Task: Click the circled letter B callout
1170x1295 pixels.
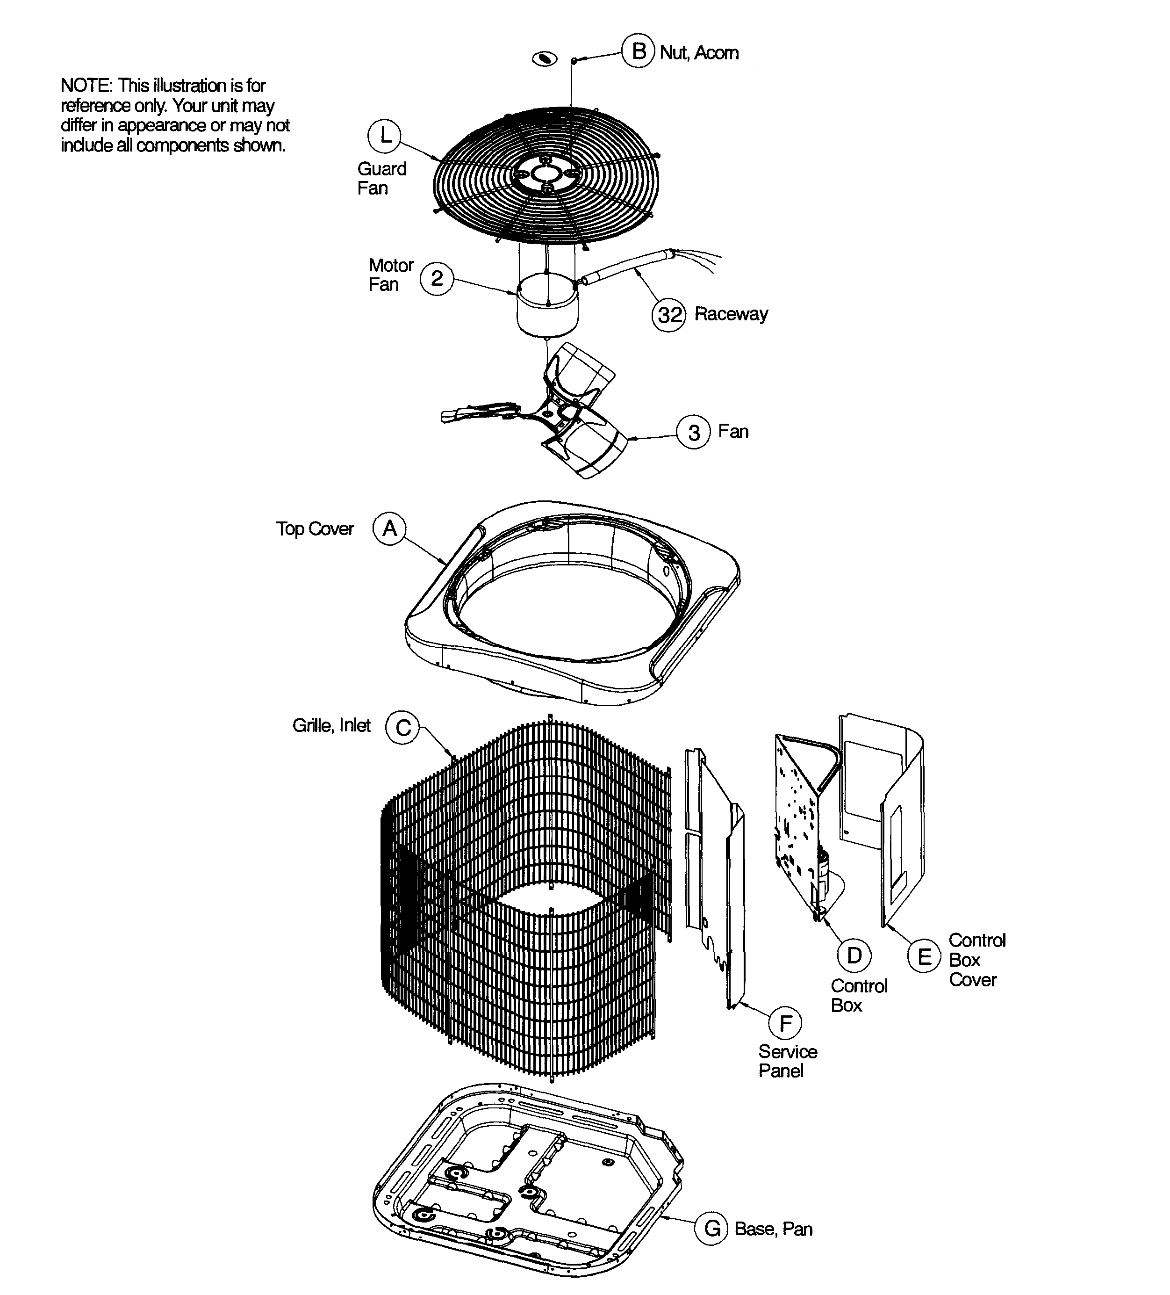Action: coord(639,51)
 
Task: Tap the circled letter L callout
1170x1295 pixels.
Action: coord(384,136)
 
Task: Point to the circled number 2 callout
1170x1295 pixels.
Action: coord(437,278)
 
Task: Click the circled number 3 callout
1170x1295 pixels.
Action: coord(694,432)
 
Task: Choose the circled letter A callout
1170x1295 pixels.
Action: coord(390,528)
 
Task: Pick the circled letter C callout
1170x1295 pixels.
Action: coord(402,727)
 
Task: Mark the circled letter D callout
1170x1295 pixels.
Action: coord(854,955)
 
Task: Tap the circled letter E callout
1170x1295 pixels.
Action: coord(924,956)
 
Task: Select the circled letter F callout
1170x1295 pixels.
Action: coord(785,1023)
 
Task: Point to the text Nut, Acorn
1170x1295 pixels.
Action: coord(699,53)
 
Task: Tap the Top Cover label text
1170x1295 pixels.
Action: coord(315,528)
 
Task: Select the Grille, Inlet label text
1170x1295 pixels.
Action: coord(331,725)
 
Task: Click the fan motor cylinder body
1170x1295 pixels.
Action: coord(547,311)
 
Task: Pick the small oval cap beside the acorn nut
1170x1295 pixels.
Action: coord(545,59)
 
